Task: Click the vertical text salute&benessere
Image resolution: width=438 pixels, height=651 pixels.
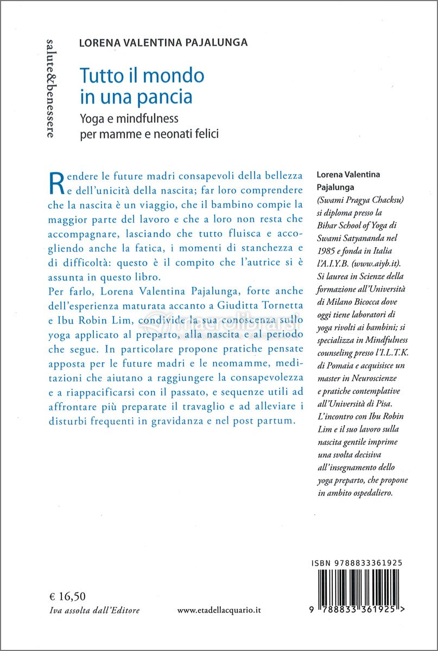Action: coord(50,87)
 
